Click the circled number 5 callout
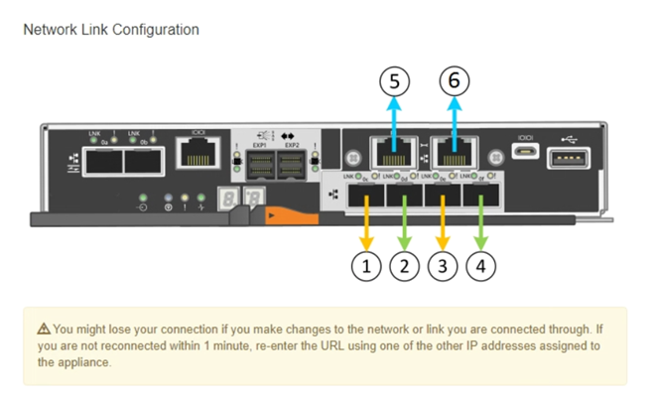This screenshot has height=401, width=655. (395, 81)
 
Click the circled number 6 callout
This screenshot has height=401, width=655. (455, 81)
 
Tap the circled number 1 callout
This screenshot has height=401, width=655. (367, 266)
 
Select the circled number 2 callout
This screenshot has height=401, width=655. (404, 266)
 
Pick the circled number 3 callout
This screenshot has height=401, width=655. (442, 266)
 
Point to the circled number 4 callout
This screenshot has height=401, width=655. (480, 266)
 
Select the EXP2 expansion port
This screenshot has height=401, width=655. (291, 164)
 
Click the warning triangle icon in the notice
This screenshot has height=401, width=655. (44, 329)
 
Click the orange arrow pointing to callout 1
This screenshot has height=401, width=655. (367, 223)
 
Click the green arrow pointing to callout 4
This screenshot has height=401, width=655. (480, 223)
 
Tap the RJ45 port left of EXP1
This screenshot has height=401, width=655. (196, 153)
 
